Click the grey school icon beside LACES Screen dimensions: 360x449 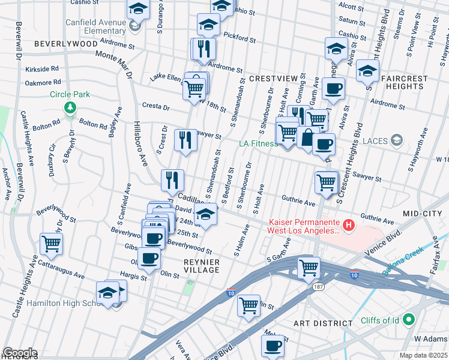click(396, 140)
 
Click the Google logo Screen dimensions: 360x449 click(20, 353)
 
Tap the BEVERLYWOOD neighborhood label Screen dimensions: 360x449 click(66, 44)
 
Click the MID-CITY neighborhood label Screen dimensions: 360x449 click(424, 214)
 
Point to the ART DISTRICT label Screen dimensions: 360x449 click(323, 323)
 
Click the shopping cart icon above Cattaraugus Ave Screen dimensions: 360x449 click(51, 244)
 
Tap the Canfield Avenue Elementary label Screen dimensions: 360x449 click(96, 27)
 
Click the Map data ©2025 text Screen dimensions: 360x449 click(423, 356)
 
